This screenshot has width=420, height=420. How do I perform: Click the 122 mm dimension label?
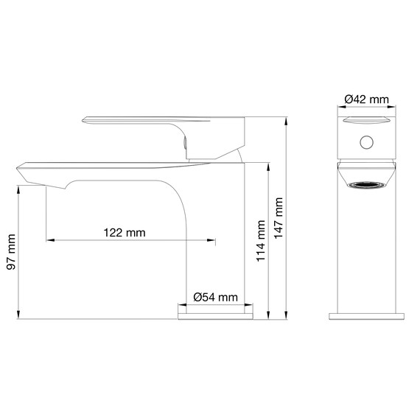pyautogui.click(x=125, y=233)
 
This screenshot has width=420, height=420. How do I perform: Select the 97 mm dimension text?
pyautogui.click(x=10, y=252)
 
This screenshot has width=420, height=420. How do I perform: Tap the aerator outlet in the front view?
pyautogui.click(x=365, y=185)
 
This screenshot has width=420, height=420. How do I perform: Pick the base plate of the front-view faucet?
pyautogui.click(x=365, y=315)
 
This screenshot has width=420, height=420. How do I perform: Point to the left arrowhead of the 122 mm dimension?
pyautogui.click(x=49, y=239)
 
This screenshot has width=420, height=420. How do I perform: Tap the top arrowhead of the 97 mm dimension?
pyautogui.click(x=18, y=188)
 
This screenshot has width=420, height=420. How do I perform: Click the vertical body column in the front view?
pyautogui.click(x=365, y=251)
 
